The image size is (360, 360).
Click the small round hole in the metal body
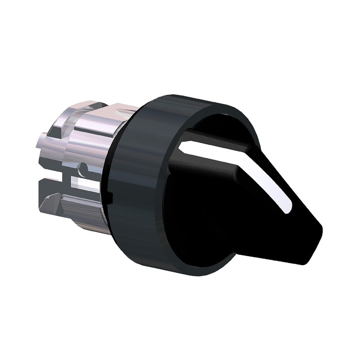click(x=84, y=169)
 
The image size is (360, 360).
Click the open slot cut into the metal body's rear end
click(x=53, y=174)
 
